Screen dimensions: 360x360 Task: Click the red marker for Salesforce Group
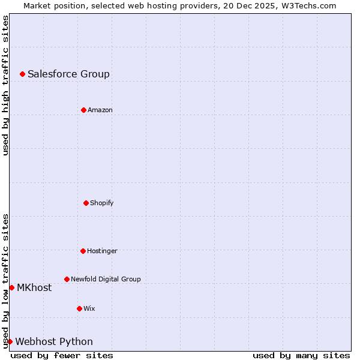[22, 74]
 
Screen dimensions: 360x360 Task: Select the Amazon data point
[83, 110]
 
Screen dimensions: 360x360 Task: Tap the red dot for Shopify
[86, 203]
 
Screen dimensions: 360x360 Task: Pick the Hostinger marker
[83, 251]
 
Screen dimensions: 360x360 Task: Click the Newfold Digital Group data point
[67, 279]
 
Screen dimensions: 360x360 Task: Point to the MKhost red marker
[11, 287]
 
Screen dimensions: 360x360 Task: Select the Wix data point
[79, 308]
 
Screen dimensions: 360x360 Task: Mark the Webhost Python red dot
[10, 341]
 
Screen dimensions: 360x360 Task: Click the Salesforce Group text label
[68, 74]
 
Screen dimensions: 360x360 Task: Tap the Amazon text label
[100, 110]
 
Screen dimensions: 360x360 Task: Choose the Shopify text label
[101, 203]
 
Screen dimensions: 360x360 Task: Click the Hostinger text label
[102, 251]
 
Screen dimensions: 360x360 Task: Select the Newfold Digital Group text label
[106, 280]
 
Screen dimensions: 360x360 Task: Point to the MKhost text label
[34, 288]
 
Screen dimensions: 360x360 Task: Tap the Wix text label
[89, 309]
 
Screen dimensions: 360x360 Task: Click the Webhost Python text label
[54, 342]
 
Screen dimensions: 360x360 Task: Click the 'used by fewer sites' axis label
[62, 355]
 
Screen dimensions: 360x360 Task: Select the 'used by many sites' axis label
[301, 355]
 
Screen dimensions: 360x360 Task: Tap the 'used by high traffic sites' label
[5, 85]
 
